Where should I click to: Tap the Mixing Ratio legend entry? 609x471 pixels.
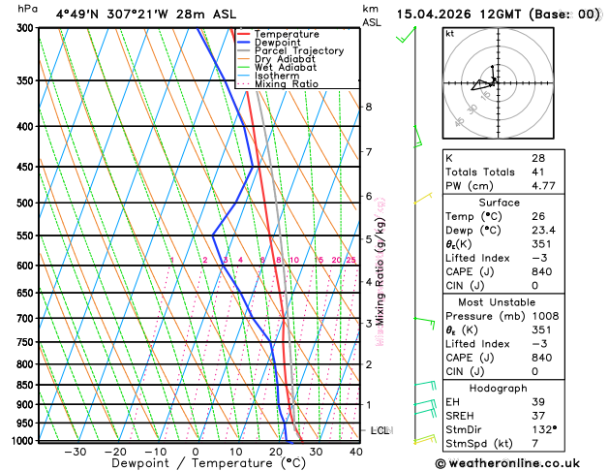tap(287, 84)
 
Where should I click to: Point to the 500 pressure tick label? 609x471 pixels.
tap(24, 204)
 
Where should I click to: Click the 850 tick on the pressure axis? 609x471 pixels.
tap(24, 386)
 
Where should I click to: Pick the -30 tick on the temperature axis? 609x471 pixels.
tap(74, 452)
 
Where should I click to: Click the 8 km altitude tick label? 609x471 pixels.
tap(368, 107)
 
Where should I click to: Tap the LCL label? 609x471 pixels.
tap(380, 430)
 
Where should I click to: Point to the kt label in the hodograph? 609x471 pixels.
tap(449, 34)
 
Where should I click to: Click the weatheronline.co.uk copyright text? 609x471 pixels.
tap(520, 462)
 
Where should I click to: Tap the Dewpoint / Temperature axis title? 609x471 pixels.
tap(196, 464)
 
